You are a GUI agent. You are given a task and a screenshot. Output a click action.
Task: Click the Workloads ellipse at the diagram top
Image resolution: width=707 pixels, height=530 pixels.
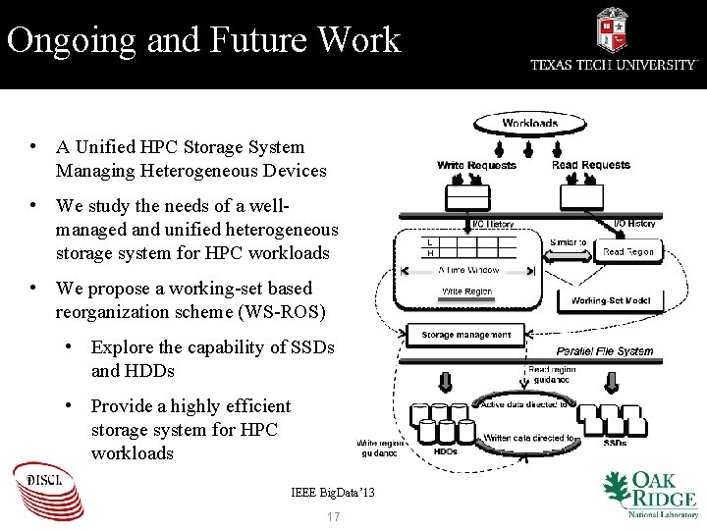530,124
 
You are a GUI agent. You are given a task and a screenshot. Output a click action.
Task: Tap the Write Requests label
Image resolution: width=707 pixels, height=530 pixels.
476,165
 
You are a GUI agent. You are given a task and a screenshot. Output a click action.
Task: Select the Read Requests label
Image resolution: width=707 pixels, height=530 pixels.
590,165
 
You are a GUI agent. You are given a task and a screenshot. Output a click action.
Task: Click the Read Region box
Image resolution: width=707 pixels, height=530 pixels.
627,252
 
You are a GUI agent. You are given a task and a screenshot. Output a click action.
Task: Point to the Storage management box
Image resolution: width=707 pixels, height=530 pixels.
465,335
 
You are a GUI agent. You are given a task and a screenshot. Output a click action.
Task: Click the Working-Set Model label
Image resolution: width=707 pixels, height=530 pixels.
610,300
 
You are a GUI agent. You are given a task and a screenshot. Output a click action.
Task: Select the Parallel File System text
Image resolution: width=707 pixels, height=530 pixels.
604,350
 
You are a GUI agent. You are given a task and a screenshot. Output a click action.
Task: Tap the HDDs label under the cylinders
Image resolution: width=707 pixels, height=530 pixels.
445,451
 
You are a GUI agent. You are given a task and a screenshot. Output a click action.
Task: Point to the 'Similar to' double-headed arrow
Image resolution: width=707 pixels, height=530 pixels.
568,242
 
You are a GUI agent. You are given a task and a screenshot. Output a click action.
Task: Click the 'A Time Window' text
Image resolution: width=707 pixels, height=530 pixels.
468,269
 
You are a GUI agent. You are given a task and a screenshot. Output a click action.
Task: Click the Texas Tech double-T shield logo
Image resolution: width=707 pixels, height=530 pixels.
612,28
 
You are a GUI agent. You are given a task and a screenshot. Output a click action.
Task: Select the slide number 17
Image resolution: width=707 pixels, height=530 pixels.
333,517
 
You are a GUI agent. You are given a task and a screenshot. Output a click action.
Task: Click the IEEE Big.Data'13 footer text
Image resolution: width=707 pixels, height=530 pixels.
333,492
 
